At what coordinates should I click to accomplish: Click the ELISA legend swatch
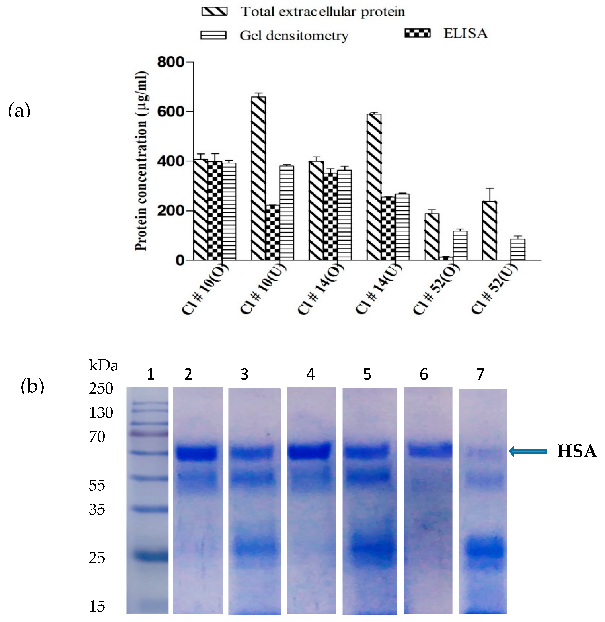point(417,33)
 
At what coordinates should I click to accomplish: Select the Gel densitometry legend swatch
point(213,35)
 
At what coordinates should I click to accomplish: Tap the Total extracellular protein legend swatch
point(214,11)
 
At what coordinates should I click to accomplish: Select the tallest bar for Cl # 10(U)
point(258,178)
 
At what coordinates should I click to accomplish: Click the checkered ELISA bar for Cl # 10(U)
point(272,232)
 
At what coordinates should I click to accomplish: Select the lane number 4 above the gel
point(310,374)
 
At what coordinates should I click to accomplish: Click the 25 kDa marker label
point(97,558)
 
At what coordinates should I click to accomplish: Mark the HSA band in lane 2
point(197,453)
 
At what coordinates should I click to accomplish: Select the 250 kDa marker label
point(101,388)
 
